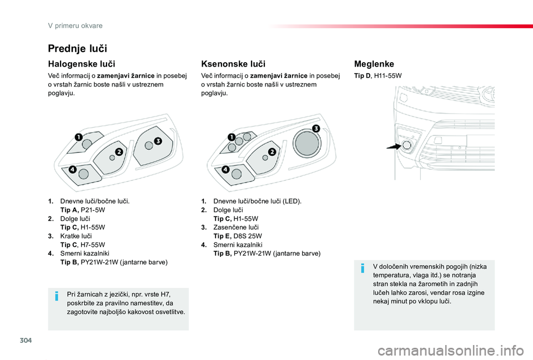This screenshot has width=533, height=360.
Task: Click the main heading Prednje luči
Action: (x=78, y=48)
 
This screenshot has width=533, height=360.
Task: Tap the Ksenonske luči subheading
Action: (x=233, y=64)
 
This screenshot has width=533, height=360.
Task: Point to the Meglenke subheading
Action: (x=374, y=64)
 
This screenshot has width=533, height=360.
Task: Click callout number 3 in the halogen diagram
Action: (x=158, y=141)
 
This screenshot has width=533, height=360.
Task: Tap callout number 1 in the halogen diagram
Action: (x=79, y=136)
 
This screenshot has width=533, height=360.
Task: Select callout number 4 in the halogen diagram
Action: (x=73, y=169)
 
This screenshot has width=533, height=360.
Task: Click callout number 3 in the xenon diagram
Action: (x=316, y=128)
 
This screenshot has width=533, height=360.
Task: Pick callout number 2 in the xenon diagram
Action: (x=272, y=151)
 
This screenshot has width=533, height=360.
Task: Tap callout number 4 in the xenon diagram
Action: (x=225, y=169)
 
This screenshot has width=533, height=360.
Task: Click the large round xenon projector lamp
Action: (x=307, y=143)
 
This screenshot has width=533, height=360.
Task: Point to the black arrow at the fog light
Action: (x=394, y=147)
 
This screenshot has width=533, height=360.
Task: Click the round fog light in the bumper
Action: (x=406, y=145)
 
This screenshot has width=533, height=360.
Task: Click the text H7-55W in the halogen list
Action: (x=93, y=244)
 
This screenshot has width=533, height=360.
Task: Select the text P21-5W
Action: (x=93, y=210)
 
